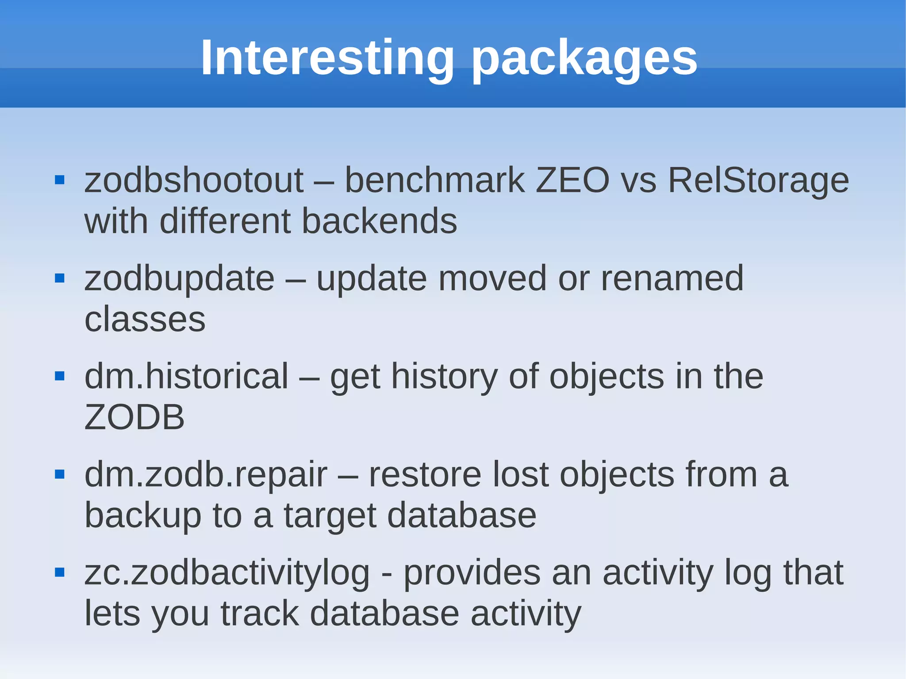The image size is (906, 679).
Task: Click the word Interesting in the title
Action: pos(327,58)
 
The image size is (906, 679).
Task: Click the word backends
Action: pos(379,221)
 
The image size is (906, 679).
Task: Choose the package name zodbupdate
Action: pos(179,278)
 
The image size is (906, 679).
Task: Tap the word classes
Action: pos(145,319)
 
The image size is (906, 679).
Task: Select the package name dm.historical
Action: pos(186,376)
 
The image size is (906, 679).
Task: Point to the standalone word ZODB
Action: pos(134,417)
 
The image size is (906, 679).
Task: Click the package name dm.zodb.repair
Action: pos(206,475)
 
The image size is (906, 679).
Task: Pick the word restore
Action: pos(425,475)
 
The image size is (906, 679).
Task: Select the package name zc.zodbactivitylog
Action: pos(226,573)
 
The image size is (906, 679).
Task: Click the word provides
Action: pos(472,573)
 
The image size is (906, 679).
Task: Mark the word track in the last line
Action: pos(260,614)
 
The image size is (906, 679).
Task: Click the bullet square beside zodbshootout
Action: pos(60,180)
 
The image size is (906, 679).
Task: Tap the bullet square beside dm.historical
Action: pos(60,376)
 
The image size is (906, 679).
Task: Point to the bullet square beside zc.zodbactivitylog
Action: pos(60,573)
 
